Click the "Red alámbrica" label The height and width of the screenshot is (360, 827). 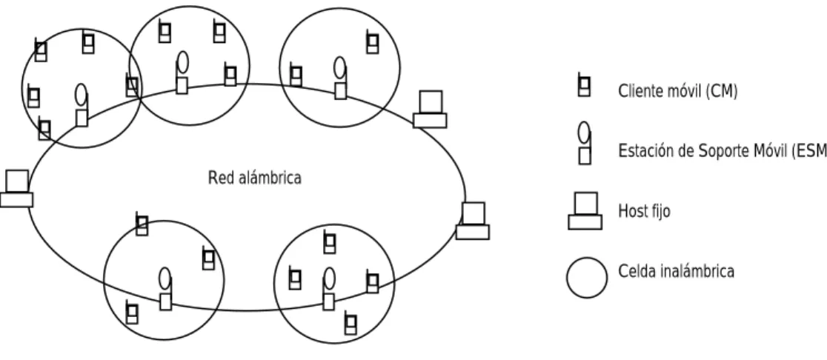click(255, 179)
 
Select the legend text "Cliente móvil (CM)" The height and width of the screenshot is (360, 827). click(678, 92)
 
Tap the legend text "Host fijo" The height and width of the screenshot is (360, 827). click(644, 211)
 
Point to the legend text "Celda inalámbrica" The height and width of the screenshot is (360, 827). click(676, 271)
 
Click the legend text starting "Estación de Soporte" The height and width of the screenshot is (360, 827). click(723, 151)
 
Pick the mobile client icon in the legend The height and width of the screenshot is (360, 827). click(584, 85)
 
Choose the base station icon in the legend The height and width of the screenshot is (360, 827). click(585, 143)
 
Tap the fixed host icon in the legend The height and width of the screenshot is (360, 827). click(585, 211)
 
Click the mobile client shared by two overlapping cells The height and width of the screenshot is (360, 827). click(132, 85)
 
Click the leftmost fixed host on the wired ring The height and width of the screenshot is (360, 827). click(16, 189)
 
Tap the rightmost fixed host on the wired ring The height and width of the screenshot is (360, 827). click(473, 221)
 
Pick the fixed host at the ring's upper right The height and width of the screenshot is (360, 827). click(430, 109)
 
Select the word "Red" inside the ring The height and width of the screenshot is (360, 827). click(219, 179)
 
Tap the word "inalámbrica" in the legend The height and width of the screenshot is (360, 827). click(696, 271)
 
